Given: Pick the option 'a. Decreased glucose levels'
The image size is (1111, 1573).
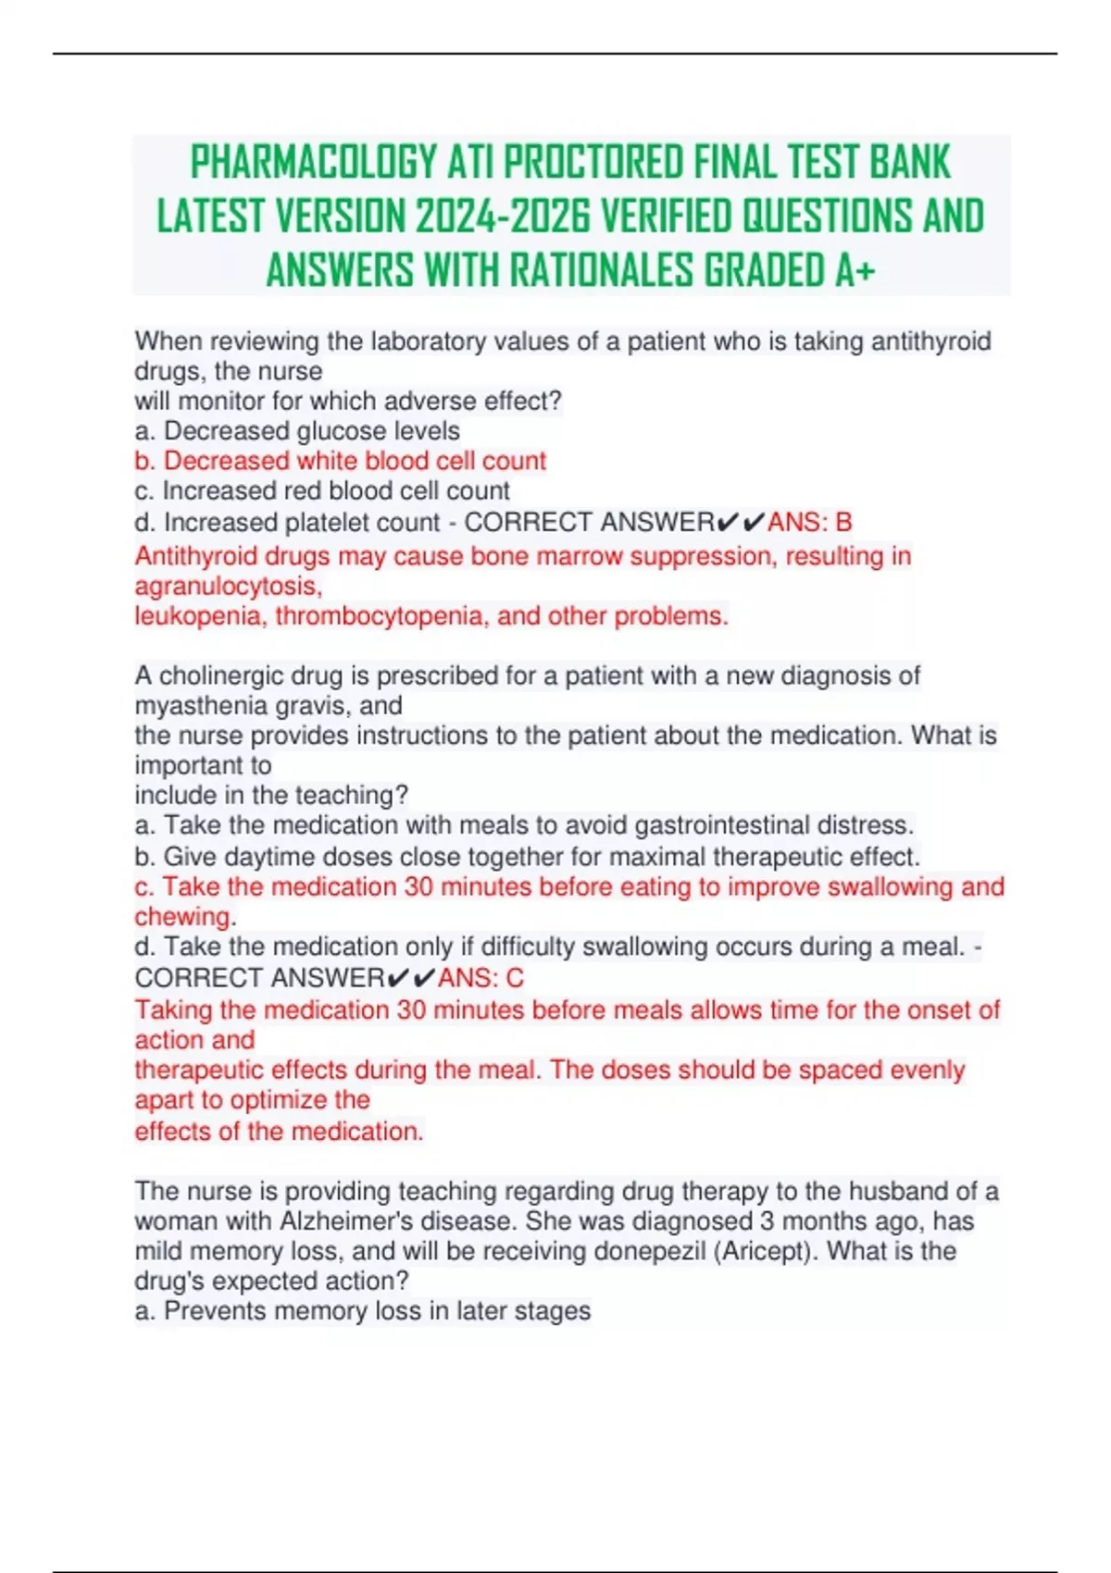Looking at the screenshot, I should (297, 431).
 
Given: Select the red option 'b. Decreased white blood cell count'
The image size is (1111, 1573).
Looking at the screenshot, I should (340, 461).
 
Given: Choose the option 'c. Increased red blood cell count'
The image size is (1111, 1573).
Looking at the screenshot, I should (322, 490).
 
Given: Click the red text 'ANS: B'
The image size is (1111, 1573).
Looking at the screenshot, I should (809, 523).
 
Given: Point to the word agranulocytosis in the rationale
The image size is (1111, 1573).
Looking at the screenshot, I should (228, 587).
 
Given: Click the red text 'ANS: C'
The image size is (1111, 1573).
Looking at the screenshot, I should (481, 978).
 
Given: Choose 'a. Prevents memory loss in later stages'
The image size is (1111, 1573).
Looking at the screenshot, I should (362, 1311).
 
